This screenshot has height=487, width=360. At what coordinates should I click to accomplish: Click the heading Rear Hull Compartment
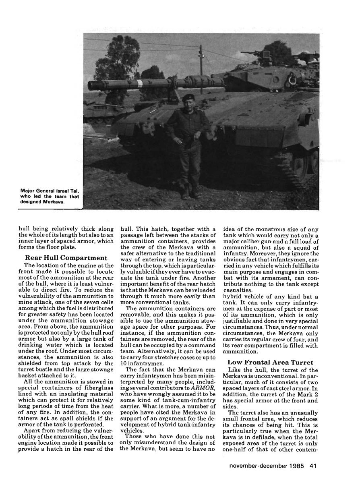click(x=66, y=257)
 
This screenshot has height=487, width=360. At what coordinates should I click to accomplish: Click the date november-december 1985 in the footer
click(x=267, y=466)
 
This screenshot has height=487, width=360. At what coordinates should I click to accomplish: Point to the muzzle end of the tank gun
click(x=91, y=85)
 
